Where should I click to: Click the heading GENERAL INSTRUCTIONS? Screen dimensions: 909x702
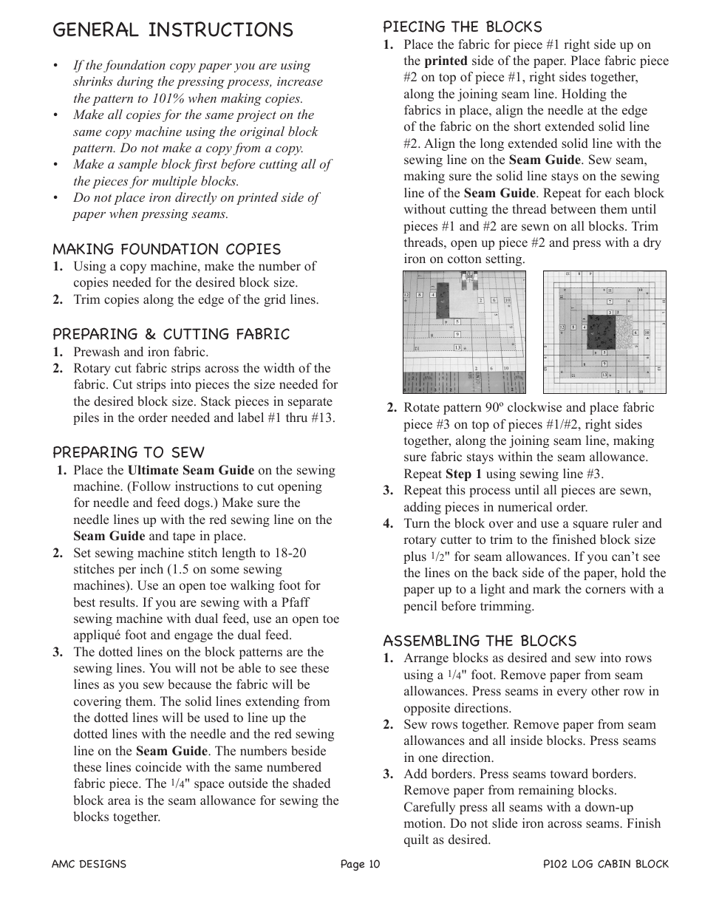pyautogui.click(x=173, y=30)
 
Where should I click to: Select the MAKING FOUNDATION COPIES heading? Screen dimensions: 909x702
pyautogui.click(x=166, y=249)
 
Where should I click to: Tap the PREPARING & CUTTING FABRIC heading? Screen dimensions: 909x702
pyautogui.click(x=171, y=334)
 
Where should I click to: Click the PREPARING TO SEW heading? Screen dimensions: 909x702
pyautogui.click(x=128, y=452)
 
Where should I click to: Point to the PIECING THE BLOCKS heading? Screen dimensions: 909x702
pyautogui.click(x=462, y=27)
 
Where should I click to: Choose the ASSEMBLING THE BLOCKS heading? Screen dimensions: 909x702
pyautogui.click(x=479, y=640)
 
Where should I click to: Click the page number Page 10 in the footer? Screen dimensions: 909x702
pyautogui.click(x=360, y=864)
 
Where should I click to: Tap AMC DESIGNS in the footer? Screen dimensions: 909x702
pyautogui.click(x=89, y=864)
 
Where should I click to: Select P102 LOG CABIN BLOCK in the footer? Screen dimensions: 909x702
pyautogui.click(x=605, y=864)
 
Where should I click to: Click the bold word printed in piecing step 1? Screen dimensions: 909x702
pyautogui.click(x=446, y=61)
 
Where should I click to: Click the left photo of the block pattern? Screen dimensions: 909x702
pyautogui.click(x=464, y=331)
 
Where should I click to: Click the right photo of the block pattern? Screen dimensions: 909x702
pyautogui.click(x=604, y=332)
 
